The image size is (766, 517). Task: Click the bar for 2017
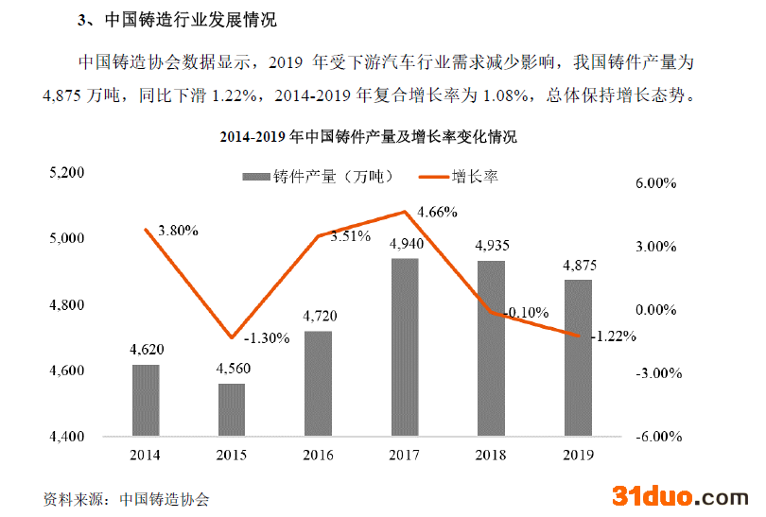[405, 347]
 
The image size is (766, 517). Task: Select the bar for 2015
[232, 410]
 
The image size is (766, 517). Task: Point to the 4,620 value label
[146, 350]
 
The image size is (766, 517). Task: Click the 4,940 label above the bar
[406, 244]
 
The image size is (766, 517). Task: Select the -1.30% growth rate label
[267, 338]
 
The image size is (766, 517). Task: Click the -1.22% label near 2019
[613, 336]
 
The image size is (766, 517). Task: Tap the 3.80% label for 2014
[179, 231]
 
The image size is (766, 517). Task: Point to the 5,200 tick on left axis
[67, 173]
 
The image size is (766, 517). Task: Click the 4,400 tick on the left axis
[67, 437]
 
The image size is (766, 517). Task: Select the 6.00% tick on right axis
[654, 183]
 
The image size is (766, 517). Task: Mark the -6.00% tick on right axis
[653, 437]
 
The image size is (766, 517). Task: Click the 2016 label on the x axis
[318, 456]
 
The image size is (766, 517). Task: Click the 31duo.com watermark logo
[680, 495]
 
